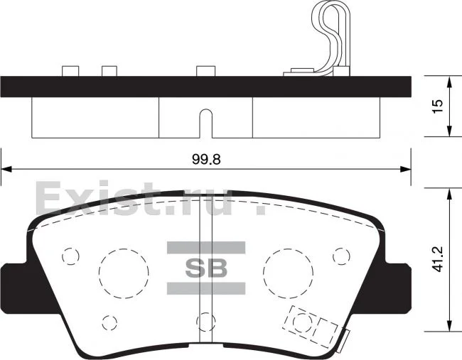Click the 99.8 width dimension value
click(206, 159)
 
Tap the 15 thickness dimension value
click(438, 106)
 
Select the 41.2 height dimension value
click(438, 259)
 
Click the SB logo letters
click(206, 268)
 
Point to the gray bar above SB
click(206, 248)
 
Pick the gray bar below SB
click(206, 288)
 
